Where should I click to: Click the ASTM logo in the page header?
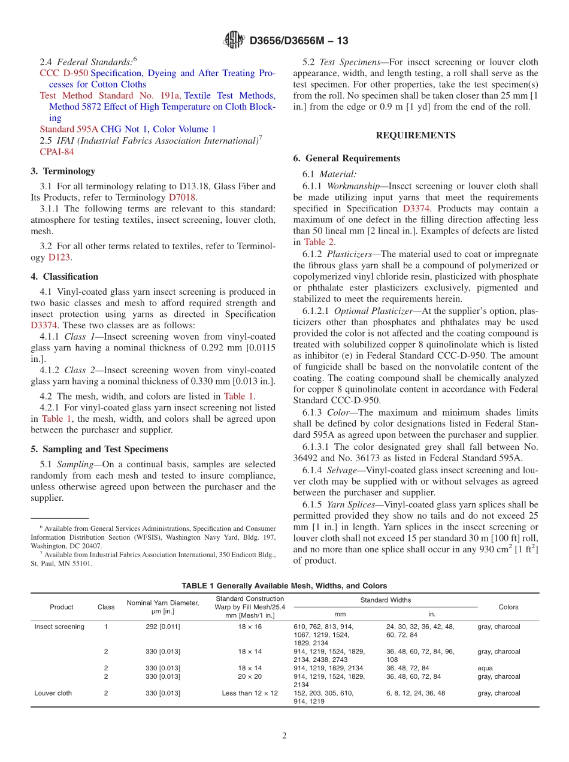234,40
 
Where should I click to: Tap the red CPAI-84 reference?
57,152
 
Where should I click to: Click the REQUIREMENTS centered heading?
416,135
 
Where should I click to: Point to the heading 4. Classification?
65,277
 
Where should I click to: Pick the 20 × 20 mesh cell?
250,676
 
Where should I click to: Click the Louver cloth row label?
53,693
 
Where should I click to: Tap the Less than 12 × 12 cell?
250,693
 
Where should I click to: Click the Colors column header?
508,607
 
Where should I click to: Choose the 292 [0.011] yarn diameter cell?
162,627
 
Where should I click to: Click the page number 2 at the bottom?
284,736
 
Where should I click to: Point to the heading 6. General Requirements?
347,158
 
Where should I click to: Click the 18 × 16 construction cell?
250,627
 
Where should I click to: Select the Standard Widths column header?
385,600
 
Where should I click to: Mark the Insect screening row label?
59,627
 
